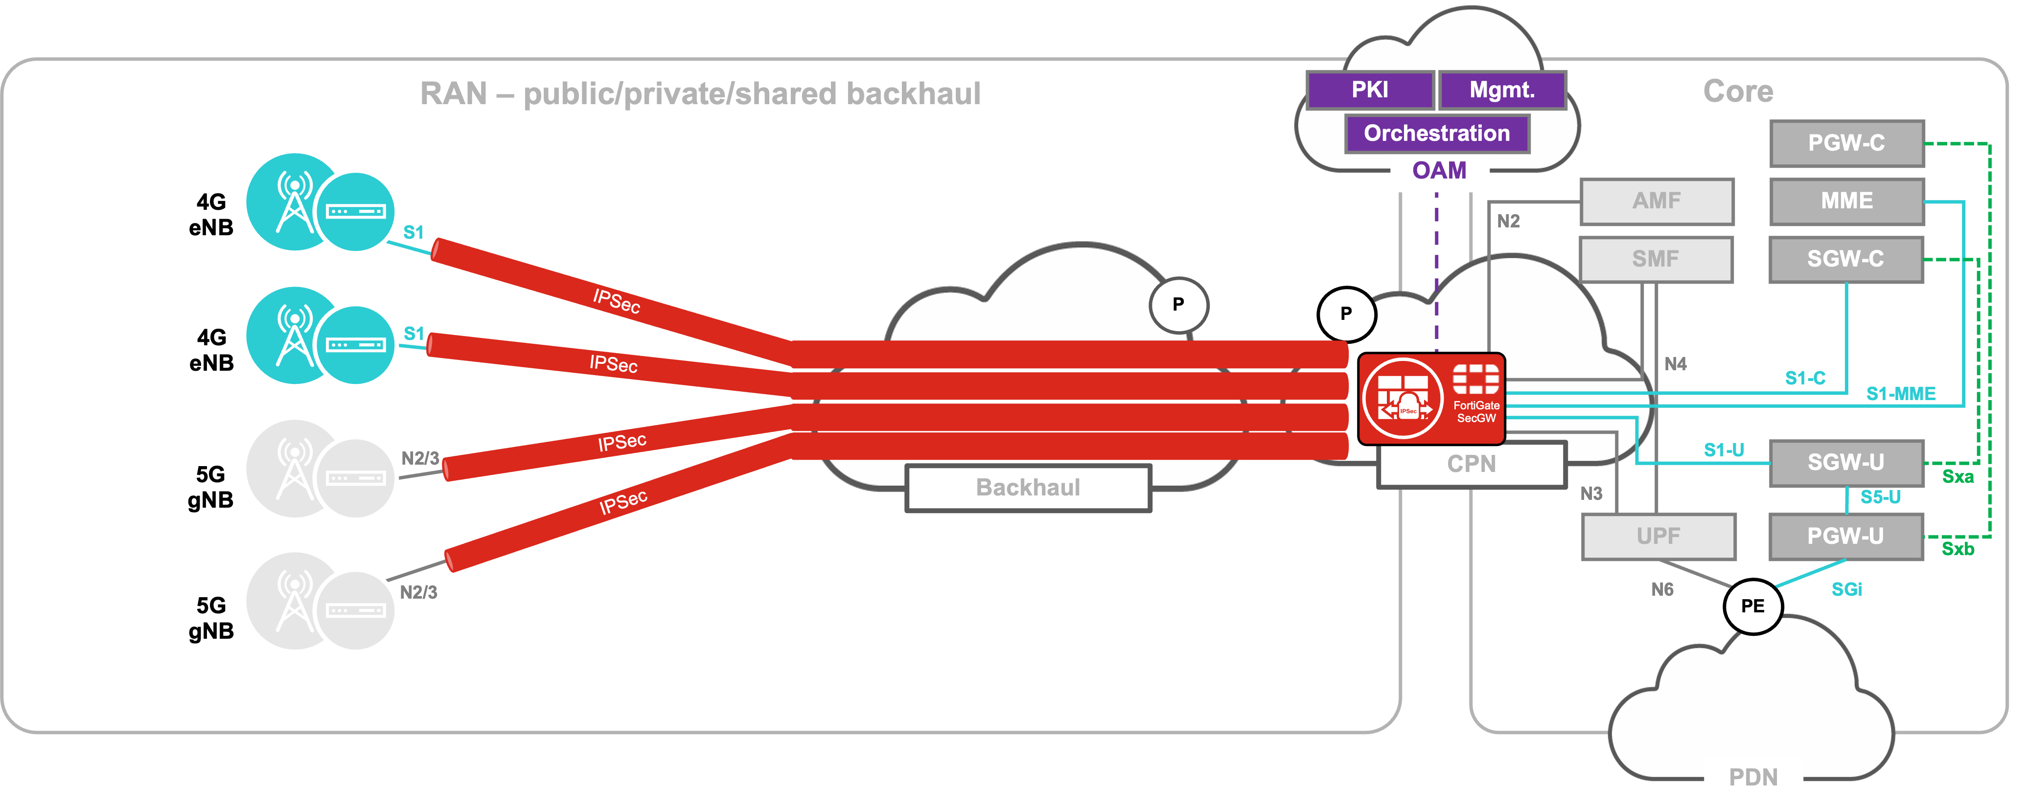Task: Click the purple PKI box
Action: pos(1369,90)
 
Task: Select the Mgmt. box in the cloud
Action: pos(1501,90)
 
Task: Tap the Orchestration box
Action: pos(1436,133)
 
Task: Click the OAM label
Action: pos(1439,171)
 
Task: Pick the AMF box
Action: pos(1657,201)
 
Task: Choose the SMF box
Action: pos(1656,259)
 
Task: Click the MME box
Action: pos(1846,201)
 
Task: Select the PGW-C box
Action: pos(1846,143)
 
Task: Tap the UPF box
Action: pos(1658,536)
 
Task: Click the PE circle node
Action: pos(1752,606)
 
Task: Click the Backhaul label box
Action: pos(1028,487)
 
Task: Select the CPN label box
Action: pos(1471,464)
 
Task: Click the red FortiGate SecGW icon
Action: pos(1431,399)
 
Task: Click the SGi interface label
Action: pos(1846,589)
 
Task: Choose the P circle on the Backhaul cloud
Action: pos(1177,304)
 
